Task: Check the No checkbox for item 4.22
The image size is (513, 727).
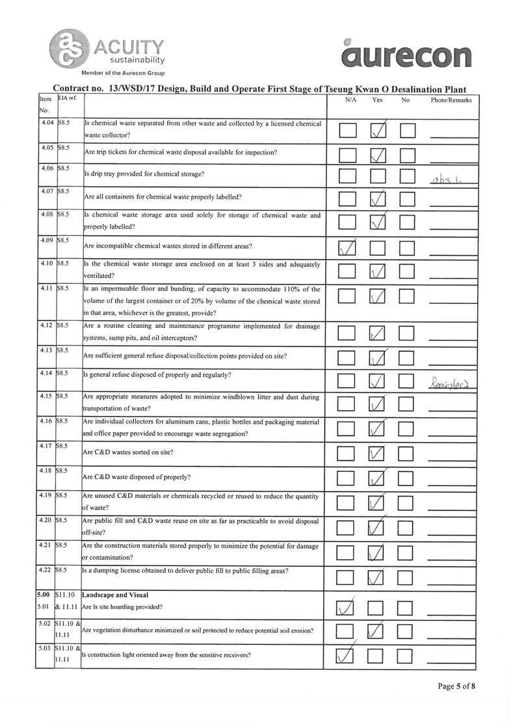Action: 408,577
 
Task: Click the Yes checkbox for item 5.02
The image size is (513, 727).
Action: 378,631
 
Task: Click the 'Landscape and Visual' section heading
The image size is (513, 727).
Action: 115,595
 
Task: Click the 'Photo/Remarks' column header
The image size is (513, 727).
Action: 451,100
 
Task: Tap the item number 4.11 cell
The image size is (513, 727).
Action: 46,288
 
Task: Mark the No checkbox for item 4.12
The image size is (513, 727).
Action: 408,335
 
